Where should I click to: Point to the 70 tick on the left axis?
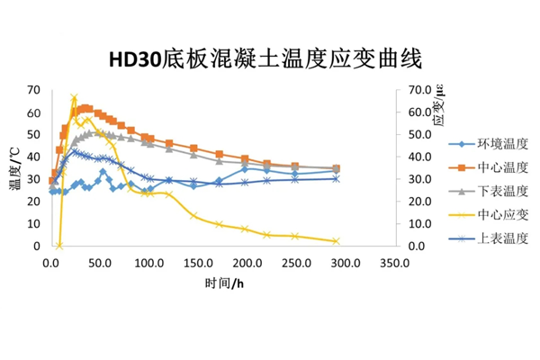(34, 90)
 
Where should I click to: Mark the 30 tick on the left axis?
(34, 179)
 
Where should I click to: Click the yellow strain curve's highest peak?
(74, 97)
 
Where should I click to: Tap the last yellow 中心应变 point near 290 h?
(336, 241)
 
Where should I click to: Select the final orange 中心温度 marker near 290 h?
(336, 168)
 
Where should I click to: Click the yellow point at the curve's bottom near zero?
(59, 245)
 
